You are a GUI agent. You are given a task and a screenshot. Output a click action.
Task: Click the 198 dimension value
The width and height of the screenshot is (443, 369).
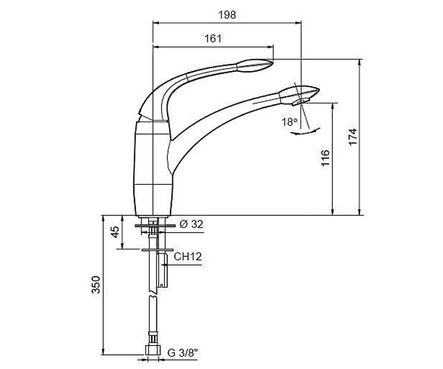tap(227, 15)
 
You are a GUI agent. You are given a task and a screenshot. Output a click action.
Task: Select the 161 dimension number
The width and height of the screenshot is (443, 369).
tap(213, 39)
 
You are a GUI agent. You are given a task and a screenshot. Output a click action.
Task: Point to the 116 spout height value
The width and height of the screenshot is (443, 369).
tap(325, 158)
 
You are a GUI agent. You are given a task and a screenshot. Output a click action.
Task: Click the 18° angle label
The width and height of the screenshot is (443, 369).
tap(289, 122)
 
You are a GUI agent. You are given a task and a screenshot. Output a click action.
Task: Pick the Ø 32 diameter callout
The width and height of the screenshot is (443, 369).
tap(191, 224)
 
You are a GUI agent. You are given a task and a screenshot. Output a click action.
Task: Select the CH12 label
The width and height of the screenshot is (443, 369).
tap(188, 256)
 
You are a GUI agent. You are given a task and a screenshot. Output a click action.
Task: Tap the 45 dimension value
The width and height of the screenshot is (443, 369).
tap(116, 232)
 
